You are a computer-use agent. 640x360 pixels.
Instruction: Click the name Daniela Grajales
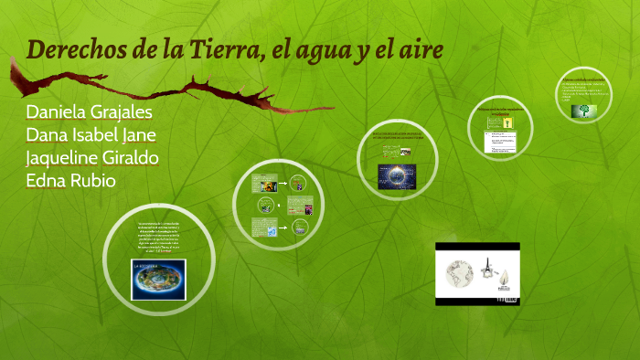point(90,112)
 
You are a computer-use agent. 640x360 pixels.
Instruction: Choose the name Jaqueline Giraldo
point(92,157)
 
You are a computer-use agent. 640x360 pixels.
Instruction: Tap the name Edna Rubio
point(70,180)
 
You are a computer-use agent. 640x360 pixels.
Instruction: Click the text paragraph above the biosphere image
point(159,238)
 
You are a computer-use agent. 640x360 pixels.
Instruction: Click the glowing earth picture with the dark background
point(398,174)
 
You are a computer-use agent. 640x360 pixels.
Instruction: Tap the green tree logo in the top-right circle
point(581,111)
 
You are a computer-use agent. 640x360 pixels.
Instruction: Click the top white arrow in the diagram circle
point(283,183)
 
